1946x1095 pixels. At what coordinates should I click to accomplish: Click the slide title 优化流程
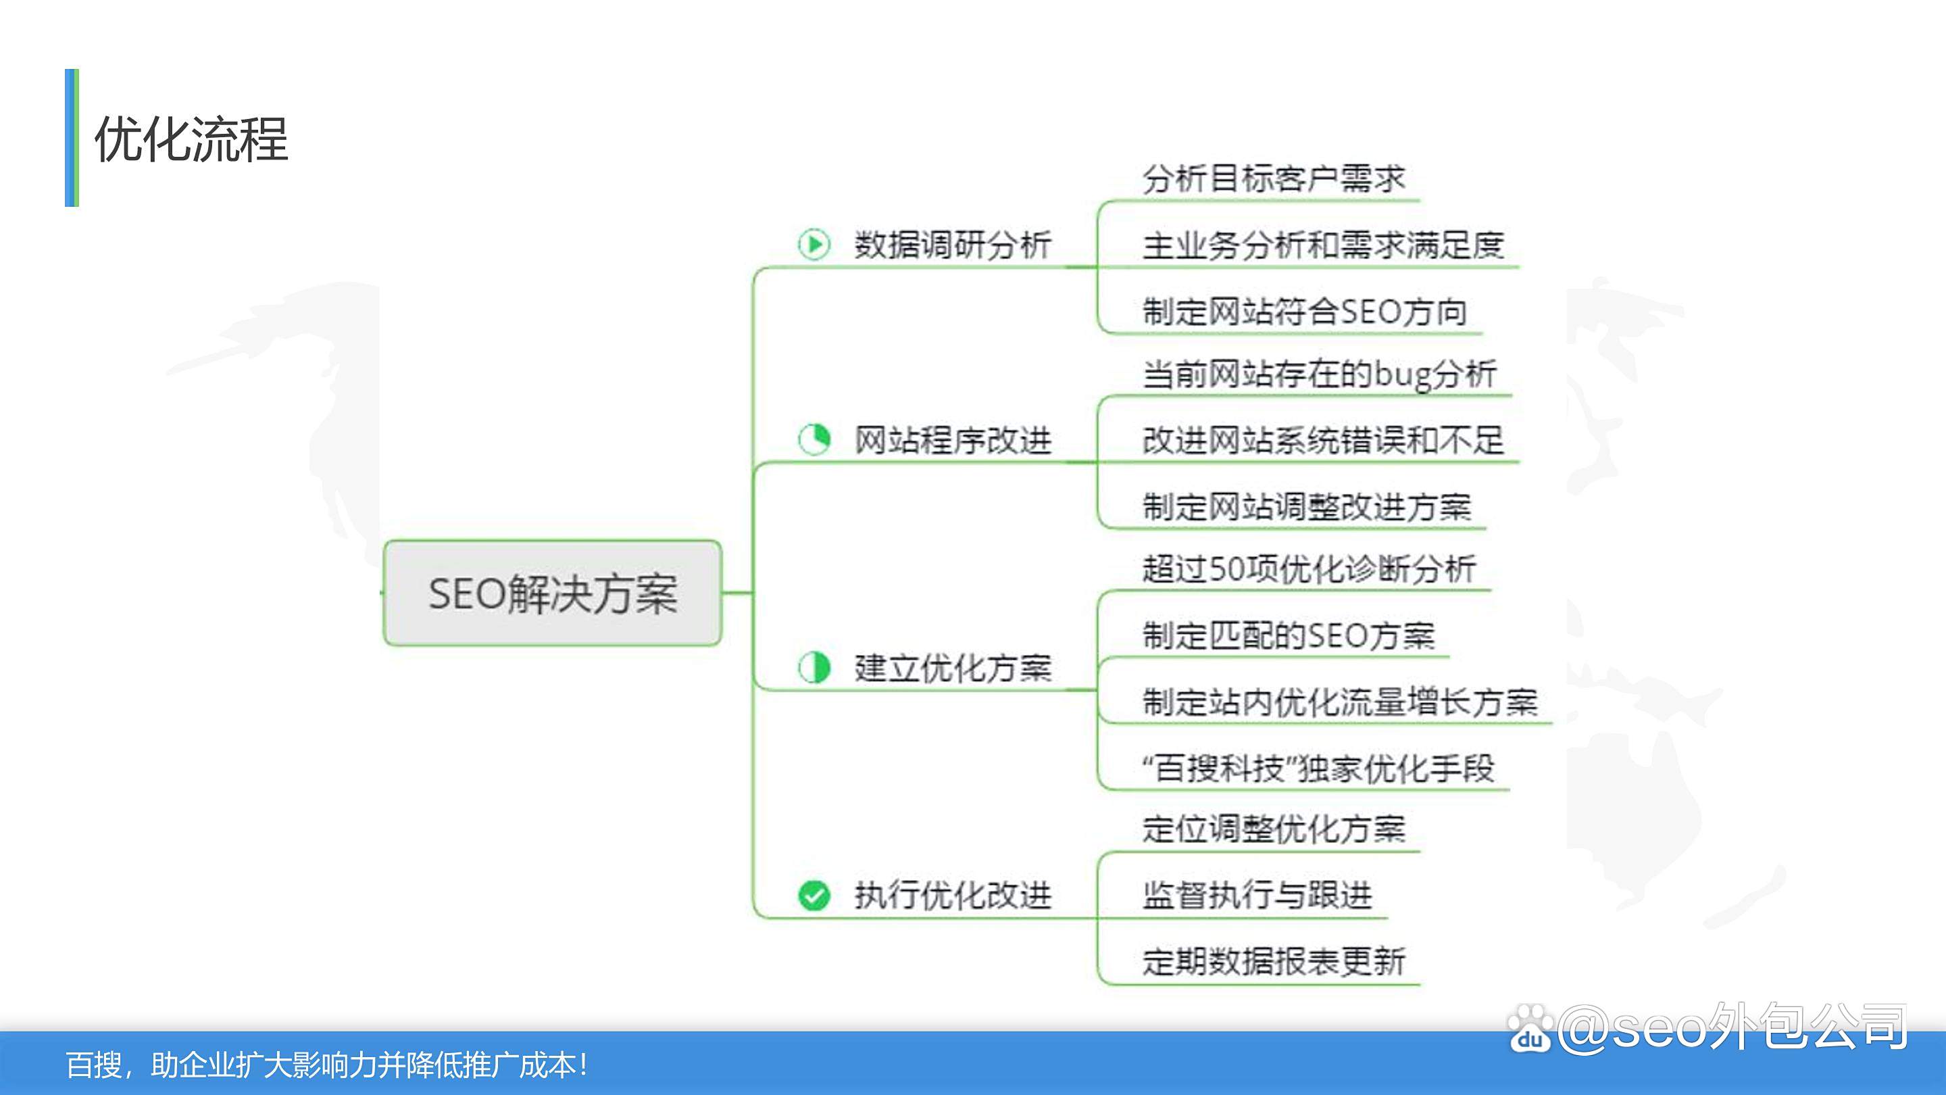191,139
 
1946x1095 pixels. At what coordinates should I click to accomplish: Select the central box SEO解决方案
552,593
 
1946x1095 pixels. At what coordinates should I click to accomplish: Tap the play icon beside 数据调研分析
814,244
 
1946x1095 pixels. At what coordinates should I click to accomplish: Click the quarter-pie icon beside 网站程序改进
814,439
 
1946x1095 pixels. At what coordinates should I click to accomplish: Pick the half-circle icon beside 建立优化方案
814,667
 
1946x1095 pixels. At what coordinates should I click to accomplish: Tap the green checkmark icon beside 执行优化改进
814,896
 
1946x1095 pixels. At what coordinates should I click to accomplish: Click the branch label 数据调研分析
953,245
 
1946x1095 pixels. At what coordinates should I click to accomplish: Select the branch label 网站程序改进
953,440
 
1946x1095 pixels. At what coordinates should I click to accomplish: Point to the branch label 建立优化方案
953,668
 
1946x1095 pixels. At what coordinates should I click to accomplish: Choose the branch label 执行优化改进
953,896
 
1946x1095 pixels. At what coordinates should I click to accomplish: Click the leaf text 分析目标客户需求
1274,179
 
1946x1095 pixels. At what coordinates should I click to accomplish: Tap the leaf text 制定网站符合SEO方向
1305,312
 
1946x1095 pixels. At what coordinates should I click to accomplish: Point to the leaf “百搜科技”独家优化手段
1318,769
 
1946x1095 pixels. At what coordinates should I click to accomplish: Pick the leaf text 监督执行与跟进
1257,896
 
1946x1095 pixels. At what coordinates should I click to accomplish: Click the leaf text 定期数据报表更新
1274,961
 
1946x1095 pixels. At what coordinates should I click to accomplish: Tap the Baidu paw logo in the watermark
1530,1029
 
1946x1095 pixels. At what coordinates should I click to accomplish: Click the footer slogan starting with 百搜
326,1065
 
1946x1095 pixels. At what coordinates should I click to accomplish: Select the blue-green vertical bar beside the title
72,137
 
